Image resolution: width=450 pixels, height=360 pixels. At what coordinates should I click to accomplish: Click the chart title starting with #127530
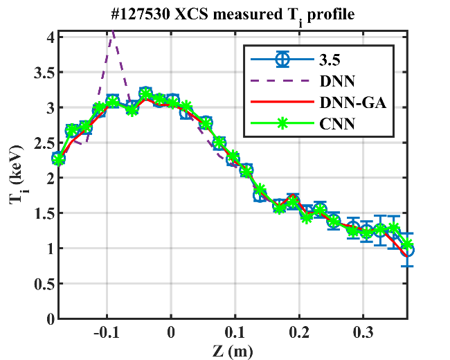point(236,15)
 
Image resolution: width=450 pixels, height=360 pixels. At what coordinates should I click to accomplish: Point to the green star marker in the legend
point(281,124)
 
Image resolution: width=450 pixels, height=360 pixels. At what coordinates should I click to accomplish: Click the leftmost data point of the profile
point(59,159)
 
